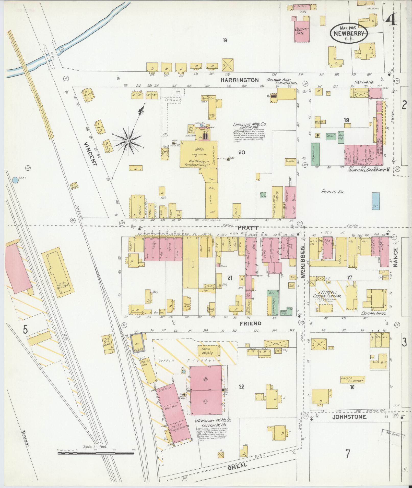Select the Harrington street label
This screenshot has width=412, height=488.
click(x=240, y=80)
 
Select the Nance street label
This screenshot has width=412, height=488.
click(x=396, y=257)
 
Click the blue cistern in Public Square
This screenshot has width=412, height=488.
click(x=375, y=201)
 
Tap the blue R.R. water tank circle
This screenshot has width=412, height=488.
click(x=15, y=180)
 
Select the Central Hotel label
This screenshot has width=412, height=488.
click(x=373, y=313)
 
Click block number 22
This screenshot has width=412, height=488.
click(x=241, y=394)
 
